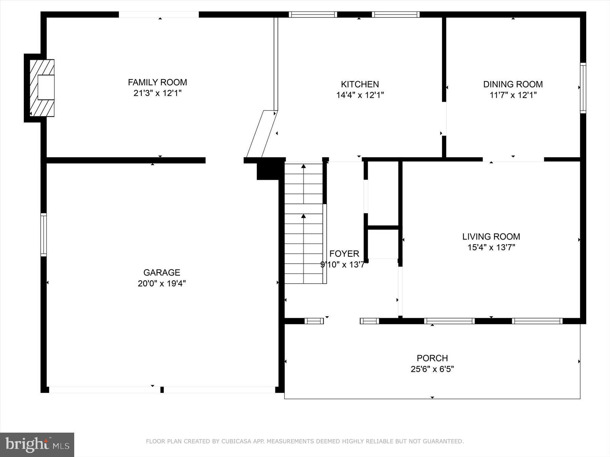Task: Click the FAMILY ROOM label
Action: point(157,82)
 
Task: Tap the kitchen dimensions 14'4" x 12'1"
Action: point(360,95)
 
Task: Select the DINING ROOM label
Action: point(513,84)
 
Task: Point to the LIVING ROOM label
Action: point(491,237)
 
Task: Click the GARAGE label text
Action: point(162,273)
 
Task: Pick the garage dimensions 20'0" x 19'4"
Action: point(162,283)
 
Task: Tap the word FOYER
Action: point(344,254)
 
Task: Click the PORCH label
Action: point(432,358)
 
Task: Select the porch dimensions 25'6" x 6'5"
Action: point(432,369)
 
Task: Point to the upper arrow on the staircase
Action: point(304,166)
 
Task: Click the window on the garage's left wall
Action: point(43,234)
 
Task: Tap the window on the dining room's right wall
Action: point(583,88)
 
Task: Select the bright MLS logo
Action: point(37,444)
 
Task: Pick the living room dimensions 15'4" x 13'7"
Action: point(491,247)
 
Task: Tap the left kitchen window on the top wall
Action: point(313,15)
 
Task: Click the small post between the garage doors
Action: point(162,390)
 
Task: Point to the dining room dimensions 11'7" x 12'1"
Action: point(513,95)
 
